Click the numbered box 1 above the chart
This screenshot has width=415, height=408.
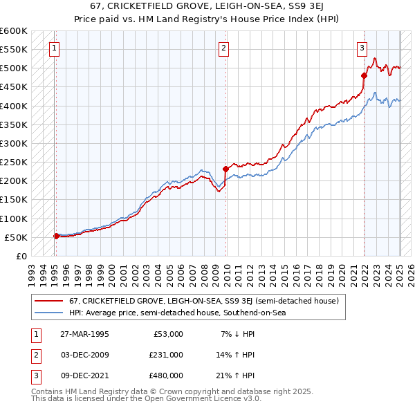54,48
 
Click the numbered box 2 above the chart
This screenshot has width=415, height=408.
224,48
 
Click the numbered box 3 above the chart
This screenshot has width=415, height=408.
362,48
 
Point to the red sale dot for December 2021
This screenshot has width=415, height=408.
364,75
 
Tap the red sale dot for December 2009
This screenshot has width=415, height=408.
225,169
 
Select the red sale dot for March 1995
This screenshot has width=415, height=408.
56,236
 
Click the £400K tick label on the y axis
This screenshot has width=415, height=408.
14,106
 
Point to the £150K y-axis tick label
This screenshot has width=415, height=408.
14,200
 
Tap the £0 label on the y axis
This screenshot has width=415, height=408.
21,256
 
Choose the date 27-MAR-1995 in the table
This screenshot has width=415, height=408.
85,334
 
